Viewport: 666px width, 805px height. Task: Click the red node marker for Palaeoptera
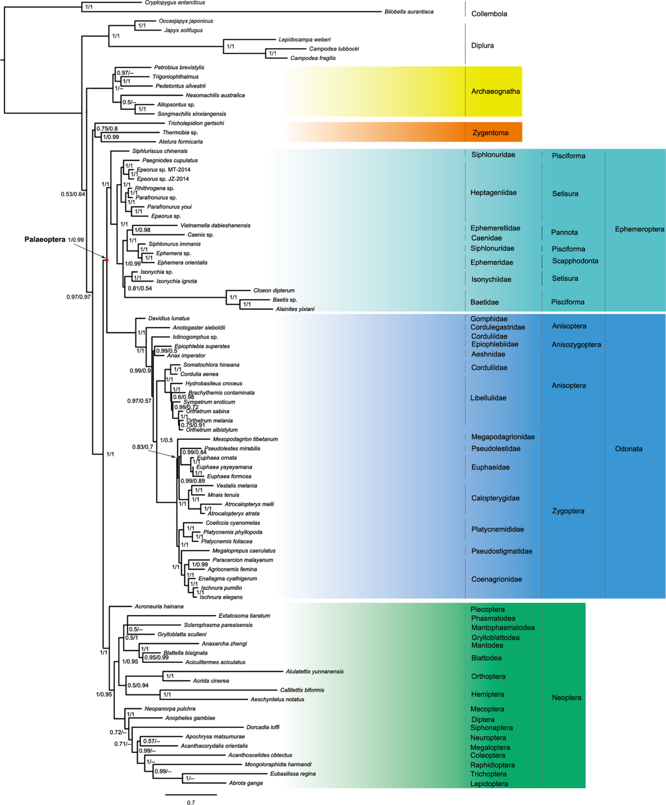coord(107,260)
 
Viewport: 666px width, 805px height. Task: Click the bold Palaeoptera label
coord(44,240)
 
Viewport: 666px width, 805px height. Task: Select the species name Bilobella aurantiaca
coord(409,12)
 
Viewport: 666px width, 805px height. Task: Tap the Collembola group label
coord(489,14)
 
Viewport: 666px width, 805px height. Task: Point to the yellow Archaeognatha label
coord(495,92)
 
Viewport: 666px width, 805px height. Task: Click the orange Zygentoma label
coord(490,133)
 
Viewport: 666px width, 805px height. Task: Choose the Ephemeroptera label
coord(639,229)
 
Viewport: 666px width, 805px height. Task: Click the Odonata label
coord(628,449)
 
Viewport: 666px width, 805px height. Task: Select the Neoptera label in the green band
coord(566,698)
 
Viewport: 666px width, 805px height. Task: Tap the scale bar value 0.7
coord(191,802)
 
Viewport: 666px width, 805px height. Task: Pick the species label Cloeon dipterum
coord(274,290)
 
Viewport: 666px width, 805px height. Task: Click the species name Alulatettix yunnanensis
coord(315,671)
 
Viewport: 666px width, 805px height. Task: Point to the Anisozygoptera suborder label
coord(576,345)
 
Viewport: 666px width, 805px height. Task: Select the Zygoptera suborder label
coord(568,511)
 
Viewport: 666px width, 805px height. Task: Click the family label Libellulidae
coord(488,398)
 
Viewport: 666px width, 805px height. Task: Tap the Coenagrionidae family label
coord(496,579)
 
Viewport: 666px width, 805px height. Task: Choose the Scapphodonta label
coord(575,261)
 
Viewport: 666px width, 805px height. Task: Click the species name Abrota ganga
coord(246,783)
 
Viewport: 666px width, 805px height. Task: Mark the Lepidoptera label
coord(489,784)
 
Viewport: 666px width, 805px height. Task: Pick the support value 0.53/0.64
coord(73,194)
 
